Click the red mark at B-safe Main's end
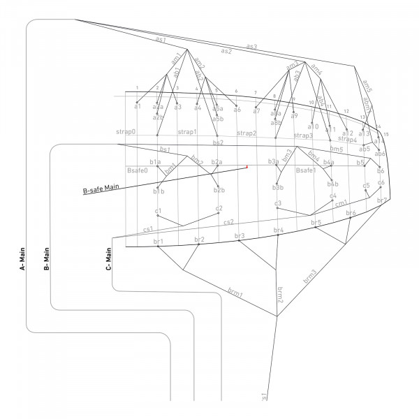click(x=247, y=166)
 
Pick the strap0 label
click(x=126, y=132)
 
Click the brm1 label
click(x=235, y=291)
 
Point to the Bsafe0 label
click(x=137, y=170)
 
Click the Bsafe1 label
click(x=306, y=170)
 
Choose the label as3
click(x=251, y=47)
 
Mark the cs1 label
click(x=148, y=229)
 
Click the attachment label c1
click(x=159, y=210)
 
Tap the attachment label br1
click(x=158, y=242)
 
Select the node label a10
click(x=313, y=126)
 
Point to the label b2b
click(x=219, y=190)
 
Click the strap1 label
click(x=187, y=132)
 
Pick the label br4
click(x=279, y=230)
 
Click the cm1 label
click(x=341, y=203)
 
